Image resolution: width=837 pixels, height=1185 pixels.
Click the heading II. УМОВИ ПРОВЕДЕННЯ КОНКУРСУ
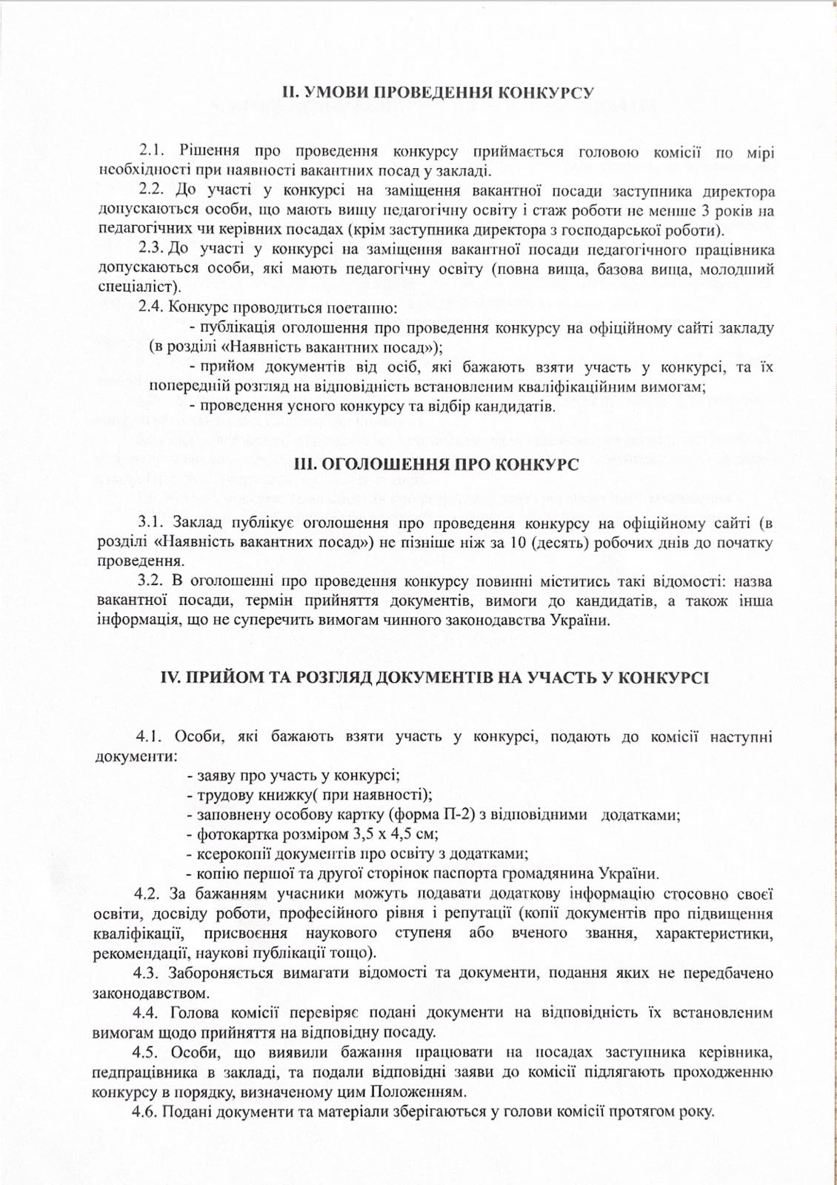coord(438,93)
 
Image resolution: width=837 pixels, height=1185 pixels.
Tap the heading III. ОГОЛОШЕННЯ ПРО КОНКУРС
coord(436,464)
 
